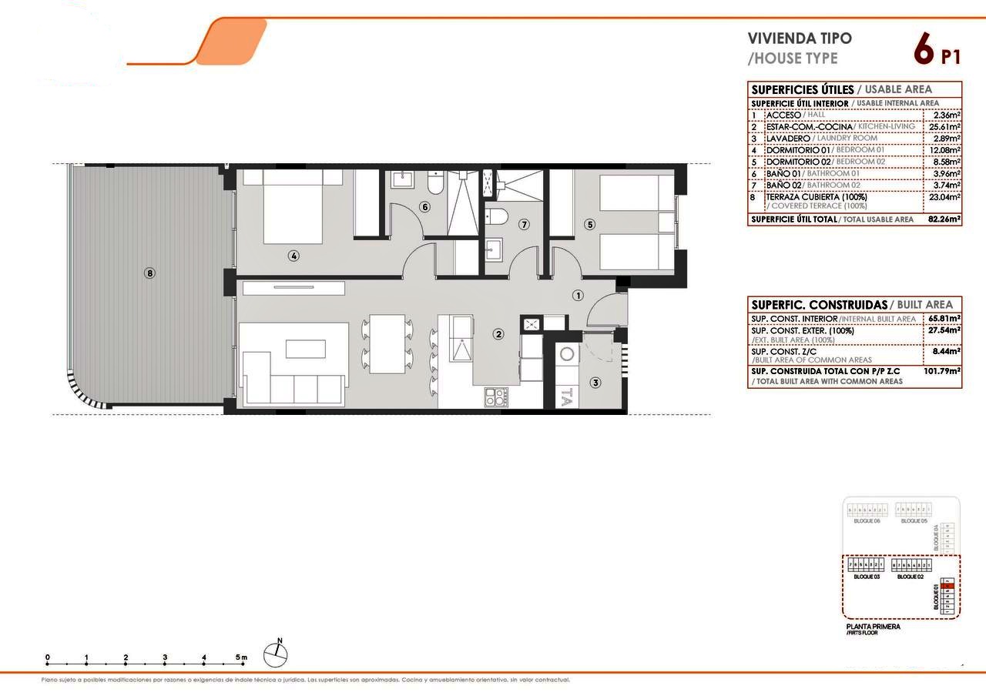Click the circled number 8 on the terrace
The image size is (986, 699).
point(149,273)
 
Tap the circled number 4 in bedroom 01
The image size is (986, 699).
point(293,256)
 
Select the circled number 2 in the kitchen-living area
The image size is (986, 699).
point(499,334)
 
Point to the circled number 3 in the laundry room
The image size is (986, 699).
point(595,382)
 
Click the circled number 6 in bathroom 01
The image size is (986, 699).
point(424,206)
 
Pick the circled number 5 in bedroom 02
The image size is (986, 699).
point(590,225)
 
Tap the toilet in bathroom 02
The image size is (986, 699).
point(497,216)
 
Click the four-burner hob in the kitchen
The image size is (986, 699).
point(495,396)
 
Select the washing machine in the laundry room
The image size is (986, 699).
point(568,355)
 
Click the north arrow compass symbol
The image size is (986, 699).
point(276,654)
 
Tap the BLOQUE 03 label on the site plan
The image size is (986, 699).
point(867,576)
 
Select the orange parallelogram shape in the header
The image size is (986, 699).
point(231,42)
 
